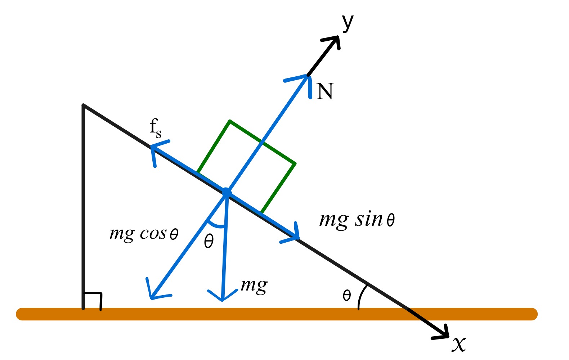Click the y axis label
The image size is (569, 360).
(x=348, y=23)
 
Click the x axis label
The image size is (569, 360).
(x=459, y=344)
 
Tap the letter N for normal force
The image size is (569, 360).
(x=325, y=91)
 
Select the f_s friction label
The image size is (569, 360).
(x=155, y=128)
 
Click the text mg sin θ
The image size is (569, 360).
(x=357, y=220)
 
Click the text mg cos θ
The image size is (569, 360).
(x=144, y=234)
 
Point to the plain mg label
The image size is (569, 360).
(x=254, y=286)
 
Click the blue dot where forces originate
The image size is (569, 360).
(x=227, y=193)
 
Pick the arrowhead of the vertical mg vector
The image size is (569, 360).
(x=223, y=297)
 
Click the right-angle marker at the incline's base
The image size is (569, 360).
(x=93, y=301)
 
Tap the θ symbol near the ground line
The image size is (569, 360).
(x=346, y=296)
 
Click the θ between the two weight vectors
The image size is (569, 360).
(x=209, y=241)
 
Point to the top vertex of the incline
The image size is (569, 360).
(x=84, y=105)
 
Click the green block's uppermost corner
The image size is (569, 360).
(x=230, y=121)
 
